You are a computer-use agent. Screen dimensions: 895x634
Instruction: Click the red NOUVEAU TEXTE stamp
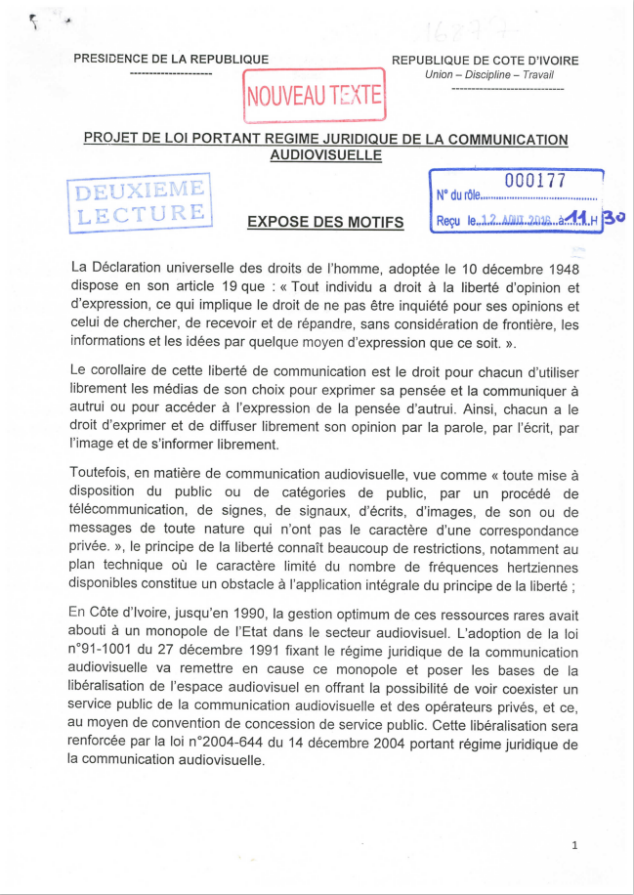(x=315, y=96)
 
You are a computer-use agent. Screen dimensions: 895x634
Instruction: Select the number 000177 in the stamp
(x=535, y=180)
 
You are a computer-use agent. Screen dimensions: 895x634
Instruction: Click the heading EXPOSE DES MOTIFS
(x=325, y=222)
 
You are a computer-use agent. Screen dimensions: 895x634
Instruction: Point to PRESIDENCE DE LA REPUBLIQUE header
(x=171, y=60)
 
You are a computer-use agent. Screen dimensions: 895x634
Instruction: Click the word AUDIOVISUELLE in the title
(x=325, y=154)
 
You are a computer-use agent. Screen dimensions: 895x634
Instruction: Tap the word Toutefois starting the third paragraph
(x=104, y=473)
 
